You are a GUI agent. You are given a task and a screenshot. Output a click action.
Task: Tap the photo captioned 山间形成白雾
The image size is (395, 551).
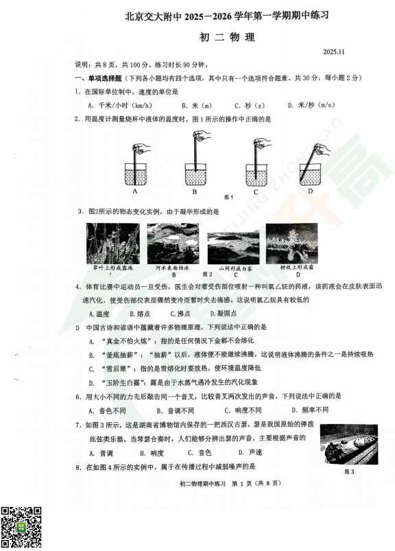(x=233, y=246)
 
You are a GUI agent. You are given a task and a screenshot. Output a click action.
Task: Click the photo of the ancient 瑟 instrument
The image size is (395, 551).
(x=349, y=444)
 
